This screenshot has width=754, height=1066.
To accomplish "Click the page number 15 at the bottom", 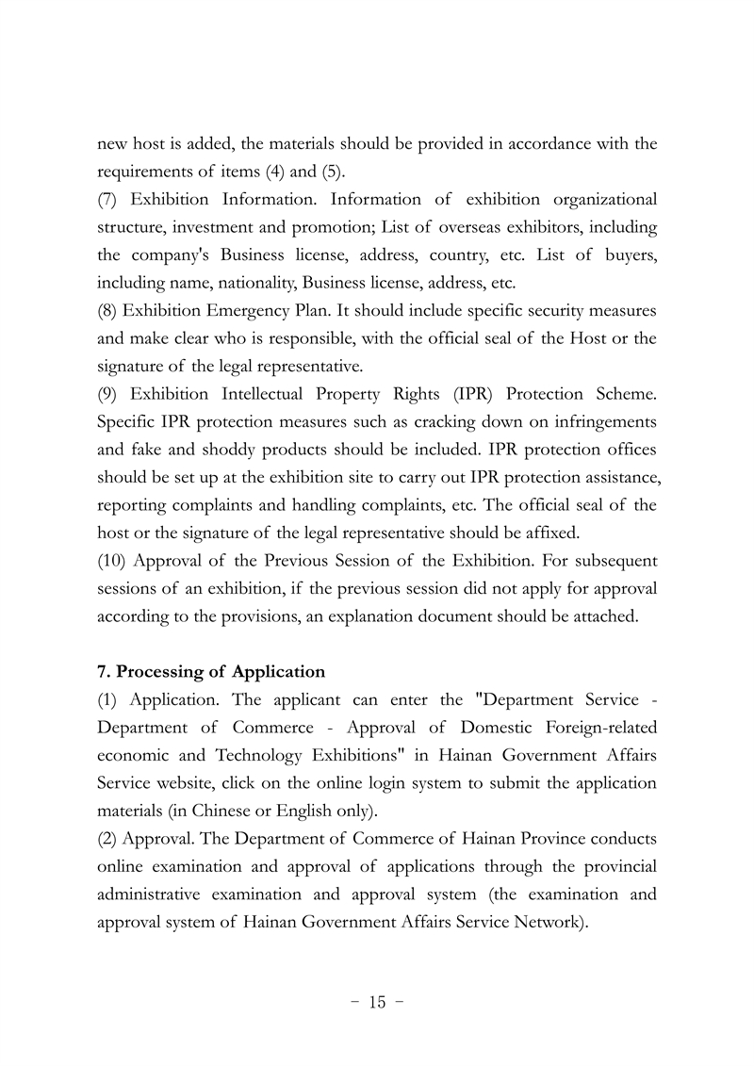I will pyautogui.click(x=377, y=1002).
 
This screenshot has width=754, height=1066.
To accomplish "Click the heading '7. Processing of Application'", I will pyautogui.click(x=211, y=672).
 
